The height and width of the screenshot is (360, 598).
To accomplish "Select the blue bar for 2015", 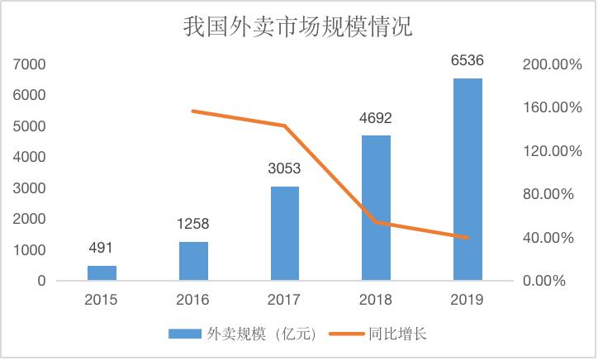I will point(102,272).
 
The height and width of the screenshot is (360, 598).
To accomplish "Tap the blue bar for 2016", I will point(193,261).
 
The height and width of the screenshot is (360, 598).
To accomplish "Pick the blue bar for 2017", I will point(284,234).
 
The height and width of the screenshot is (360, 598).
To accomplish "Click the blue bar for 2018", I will point(376,208).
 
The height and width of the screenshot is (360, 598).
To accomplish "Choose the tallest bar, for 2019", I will point(467,179).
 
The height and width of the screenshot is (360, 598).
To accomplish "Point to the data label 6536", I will point(467,59).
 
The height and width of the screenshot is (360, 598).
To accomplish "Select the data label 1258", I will point(193,224).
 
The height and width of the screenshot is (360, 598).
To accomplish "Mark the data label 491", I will point(102,248).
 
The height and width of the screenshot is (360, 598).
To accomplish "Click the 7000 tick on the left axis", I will point(30,64).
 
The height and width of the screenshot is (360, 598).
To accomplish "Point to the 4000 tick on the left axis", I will point(30,157).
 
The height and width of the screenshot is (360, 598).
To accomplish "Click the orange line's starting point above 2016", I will point(193,111).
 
